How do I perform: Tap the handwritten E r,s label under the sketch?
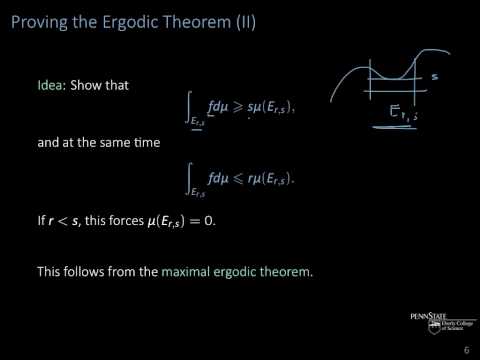coord(404,116)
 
